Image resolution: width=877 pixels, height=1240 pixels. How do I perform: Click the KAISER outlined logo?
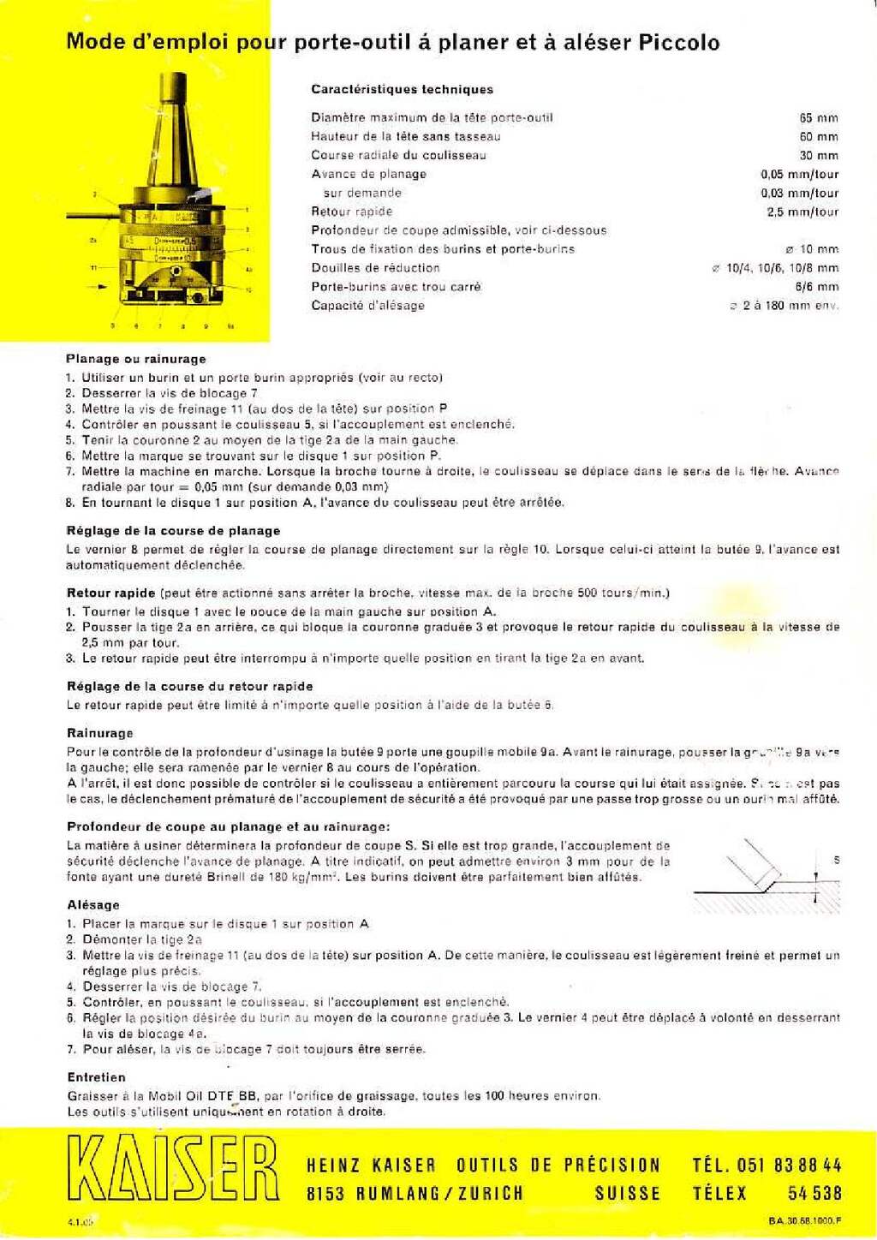[x=173, y=1168]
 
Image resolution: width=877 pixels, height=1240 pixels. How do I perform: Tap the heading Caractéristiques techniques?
[x=402, y=89]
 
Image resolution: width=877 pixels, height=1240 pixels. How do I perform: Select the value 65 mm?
[x=819, y=118]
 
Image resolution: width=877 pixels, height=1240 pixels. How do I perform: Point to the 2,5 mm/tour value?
[x=802, y=212]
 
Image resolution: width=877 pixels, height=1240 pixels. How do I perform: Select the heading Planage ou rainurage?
[x=136, y=359]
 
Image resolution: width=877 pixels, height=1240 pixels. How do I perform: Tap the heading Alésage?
[x=93, y=904]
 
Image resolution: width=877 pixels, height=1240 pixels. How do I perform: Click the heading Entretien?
[x=96, y=1077]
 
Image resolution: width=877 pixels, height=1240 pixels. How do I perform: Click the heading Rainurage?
[x=100, y=733]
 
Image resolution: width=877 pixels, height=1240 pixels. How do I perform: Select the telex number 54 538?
[x=814, y=1193]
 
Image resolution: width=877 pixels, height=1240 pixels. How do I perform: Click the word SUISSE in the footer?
[x=627, y=1193]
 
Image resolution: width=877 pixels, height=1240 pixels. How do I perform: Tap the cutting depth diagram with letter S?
[x=767, y=875]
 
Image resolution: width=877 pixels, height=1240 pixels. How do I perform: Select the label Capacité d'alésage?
[x=367, y=306]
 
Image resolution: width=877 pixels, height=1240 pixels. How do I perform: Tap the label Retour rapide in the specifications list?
[x=351, y=212]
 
